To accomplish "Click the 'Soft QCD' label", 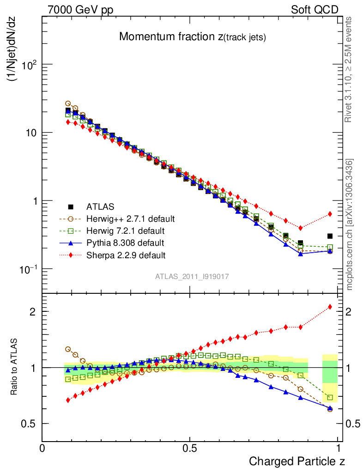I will click(x=314, y=9).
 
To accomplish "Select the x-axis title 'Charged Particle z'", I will click(x=296, y=461).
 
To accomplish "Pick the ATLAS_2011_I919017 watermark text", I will click(x=192, y=276).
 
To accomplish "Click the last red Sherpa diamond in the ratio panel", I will click(x=330, y=306).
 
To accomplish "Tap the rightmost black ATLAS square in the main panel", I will click(x=330, y=236).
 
